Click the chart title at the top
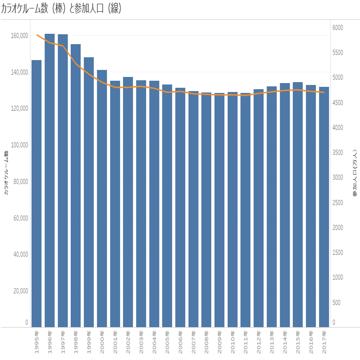(61, 9)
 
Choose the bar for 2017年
(324, 207)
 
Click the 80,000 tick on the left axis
(20, 182)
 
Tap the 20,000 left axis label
(20, 291)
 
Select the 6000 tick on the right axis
(337, 28)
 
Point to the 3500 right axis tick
(337, 153)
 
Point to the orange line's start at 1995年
(37, 35)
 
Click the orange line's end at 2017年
(324, 92)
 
